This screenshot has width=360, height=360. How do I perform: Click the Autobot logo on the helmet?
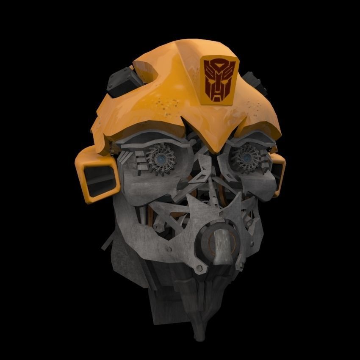[219, 79]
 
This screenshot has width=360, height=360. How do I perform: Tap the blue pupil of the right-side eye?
[246, 158]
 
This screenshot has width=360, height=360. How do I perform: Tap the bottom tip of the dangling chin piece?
[199, 337]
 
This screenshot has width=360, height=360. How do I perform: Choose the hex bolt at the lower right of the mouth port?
[240, 266]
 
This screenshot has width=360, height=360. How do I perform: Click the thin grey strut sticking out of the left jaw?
[108, 242]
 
